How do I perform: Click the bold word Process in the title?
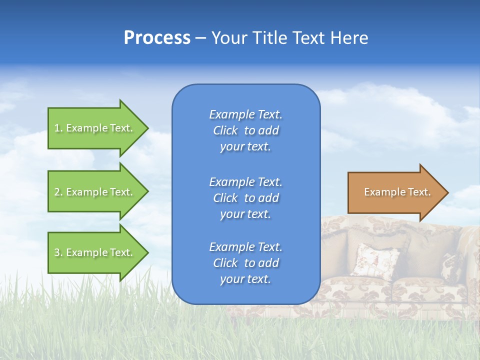(157, 38)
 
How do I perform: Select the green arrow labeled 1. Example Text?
(95, 128)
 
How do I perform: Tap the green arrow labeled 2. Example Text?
(95, 191)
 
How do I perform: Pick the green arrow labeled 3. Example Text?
(95, 252)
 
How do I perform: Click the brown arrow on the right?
(395, 192)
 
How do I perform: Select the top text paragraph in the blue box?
(245, 130)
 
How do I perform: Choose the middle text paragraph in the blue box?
(245, 197)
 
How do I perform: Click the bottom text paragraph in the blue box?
(245, 263)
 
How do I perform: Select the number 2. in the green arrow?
(58, 192)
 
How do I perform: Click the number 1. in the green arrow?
(58, 128)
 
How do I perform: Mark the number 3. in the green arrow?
(58, 252)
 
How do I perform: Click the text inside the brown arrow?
(397, 192)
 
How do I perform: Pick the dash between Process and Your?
(200, 38)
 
